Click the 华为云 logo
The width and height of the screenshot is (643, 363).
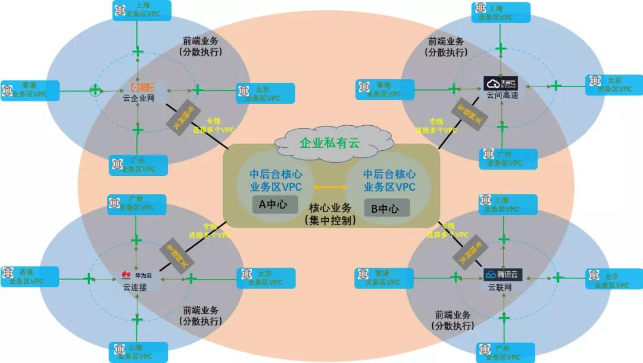(x=136, y=275)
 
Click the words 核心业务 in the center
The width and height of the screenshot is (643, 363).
(x=329, y=209)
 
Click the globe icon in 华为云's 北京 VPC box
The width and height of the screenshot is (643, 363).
(x=244, y=274)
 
